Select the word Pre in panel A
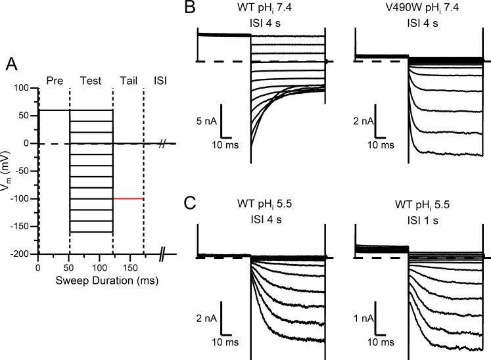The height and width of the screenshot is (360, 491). pos(54,80)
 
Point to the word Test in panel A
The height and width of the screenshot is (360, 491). pos(91,80)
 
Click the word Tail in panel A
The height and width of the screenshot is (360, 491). pos(128,80)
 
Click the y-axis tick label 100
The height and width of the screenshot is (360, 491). pos(24,88)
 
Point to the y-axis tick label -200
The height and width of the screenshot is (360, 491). pos(22,254)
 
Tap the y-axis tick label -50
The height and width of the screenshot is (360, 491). pos(24,171)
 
